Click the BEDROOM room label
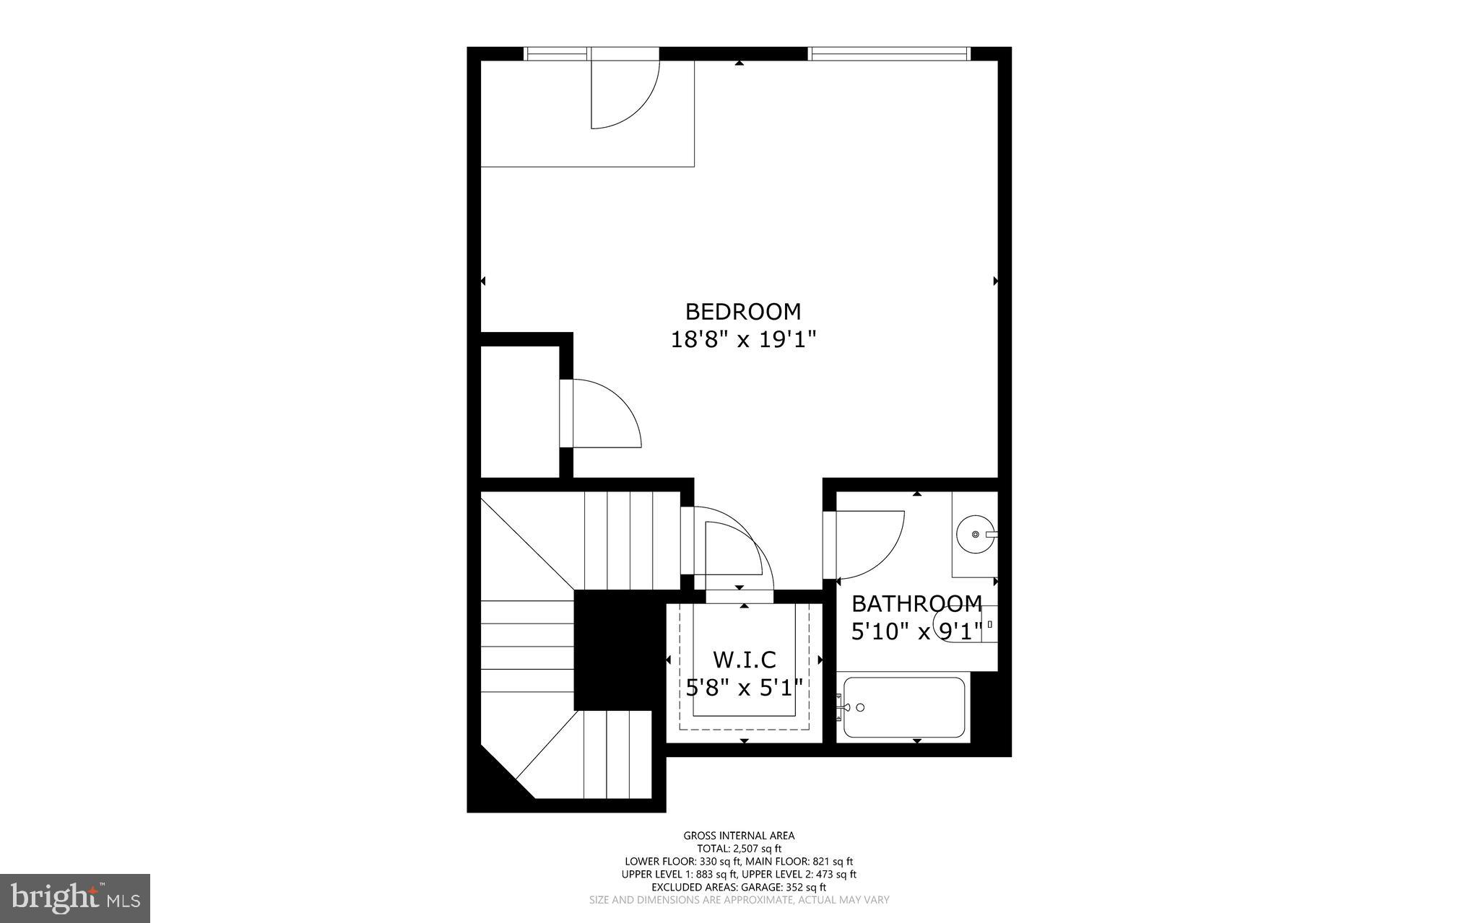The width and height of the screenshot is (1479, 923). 742,312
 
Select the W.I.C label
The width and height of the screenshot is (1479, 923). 744,660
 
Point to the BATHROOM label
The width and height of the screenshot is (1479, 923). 916,603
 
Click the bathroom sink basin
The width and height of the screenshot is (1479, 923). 974,535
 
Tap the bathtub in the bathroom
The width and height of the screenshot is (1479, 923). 904,707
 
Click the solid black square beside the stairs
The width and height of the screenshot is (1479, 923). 618,649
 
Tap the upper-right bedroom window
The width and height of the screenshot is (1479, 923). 888,53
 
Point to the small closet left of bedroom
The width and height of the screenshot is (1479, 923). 520,411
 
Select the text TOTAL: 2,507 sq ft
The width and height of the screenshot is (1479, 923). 739,849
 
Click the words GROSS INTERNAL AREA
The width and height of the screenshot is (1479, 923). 739,836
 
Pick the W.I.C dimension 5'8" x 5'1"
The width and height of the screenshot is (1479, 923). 744,687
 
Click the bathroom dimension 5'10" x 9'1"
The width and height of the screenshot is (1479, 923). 916,632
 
